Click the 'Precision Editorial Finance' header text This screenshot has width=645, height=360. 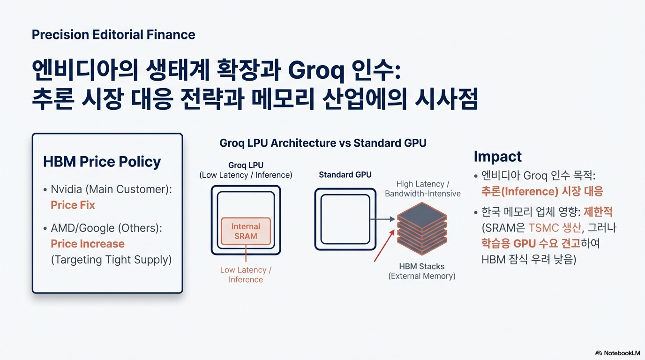point(113,35)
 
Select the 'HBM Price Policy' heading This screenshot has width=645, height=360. point(102,162)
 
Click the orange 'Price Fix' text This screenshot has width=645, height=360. point(73,205)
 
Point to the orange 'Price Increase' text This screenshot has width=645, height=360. point(88,244)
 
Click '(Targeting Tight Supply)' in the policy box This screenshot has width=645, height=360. point(111,260)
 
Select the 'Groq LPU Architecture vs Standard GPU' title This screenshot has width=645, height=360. point(323,143)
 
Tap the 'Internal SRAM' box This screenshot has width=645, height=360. point(246,231)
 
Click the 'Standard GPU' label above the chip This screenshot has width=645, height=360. point(345,175)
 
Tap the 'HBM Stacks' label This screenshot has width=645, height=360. point(422,266)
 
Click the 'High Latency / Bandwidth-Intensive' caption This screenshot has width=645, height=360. point(423,189)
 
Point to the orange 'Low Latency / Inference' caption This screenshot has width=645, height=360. point(246,275)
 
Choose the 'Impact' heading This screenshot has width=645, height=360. point(497,156)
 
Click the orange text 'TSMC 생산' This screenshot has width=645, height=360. point(554,228)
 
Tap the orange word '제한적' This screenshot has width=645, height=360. point(598,212)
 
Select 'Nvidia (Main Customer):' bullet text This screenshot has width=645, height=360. point(111,189)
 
